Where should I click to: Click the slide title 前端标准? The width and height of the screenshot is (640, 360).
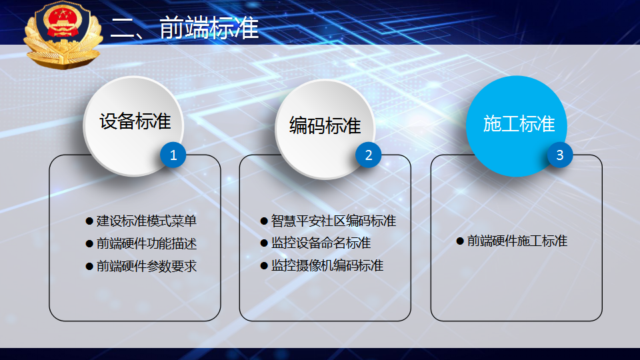click(209, 28)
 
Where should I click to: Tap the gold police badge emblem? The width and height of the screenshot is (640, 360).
click(63, 35)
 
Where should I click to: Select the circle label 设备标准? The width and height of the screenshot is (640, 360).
click(135, 121)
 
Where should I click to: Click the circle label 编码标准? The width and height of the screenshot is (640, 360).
click(325, 125)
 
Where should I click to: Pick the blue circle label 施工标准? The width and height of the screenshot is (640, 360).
click(519, 124)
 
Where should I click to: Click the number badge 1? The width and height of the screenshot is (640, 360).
click(173, 155)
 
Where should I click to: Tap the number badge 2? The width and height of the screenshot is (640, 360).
click(368, 155)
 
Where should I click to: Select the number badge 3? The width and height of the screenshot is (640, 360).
click(559, 155)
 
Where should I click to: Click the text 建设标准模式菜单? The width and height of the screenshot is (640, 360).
click(147, 221)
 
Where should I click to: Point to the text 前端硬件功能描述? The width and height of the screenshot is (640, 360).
click(147, 244)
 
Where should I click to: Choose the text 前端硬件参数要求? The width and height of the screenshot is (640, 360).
click(147, 266)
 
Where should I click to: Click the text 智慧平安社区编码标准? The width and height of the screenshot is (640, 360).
click(333, 221)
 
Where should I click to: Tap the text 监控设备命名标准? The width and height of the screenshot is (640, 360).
click(321, 243)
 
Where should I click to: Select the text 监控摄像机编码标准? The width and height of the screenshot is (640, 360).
click(327, 266)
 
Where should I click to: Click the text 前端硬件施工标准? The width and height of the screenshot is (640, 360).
click(517, 241)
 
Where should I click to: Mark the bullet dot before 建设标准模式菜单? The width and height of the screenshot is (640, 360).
click(89, 221)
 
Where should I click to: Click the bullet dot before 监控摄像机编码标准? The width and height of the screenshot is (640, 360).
click(264, 266)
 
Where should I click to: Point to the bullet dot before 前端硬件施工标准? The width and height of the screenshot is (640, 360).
click(460, 241)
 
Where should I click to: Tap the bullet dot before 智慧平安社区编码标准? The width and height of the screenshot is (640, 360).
click(264, 221)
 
